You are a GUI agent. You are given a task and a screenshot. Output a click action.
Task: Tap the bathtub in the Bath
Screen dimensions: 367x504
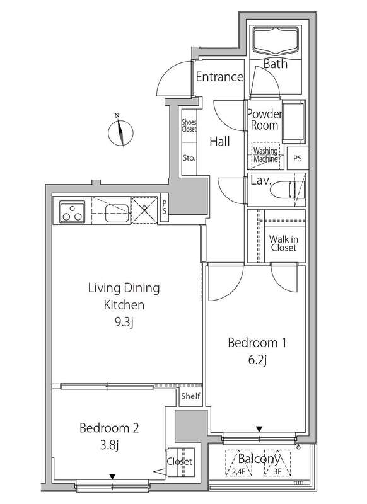click(276, 41)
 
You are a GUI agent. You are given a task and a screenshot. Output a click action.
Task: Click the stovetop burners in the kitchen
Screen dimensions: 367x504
click(73, 212)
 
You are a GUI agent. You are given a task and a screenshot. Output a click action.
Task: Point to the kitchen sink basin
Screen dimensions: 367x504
click(117, 213)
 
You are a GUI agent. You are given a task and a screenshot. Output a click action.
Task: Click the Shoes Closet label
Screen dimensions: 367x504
click(189, 125)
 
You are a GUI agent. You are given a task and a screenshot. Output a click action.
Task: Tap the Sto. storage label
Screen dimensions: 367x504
click(189, 158)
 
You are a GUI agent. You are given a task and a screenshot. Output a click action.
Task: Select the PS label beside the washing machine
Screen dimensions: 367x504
click(298, 158)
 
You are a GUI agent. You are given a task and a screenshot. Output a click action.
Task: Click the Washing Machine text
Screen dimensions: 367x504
click(265, 154)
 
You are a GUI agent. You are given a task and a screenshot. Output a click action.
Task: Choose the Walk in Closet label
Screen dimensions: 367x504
click(283, 243)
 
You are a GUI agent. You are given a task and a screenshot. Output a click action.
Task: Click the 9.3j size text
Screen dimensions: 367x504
click(124, 323)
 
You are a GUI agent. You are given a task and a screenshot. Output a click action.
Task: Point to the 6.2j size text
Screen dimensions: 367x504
click(258, 360)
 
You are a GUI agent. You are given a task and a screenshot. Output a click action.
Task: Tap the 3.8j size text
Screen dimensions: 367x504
click(109, 445)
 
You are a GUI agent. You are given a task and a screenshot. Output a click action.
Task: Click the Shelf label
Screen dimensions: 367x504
click(190, 396)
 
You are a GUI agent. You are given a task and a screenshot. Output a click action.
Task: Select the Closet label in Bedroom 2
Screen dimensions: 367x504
click(180, 462)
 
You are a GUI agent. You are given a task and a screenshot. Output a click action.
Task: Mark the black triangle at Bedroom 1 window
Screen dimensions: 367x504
click(259, 429)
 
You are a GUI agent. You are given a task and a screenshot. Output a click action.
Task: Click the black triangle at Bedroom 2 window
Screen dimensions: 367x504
click(112, 476)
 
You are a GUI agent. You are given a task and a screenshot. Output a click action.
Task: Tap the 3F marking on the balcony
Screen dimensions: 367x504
click(277, 472)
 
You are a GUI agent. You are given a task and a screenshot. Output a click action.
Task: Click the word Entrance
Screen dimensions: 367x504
click(219, 77)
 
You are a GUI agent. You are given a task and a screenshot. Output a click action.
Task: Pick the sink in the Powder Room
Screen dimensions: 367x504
click(293, 122)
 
